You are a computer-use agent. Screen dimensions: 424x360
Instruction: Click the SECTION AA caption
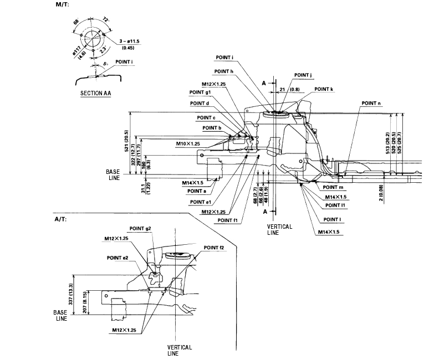96,93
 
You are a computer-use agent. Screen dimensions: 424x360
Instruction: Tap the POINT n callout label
371,103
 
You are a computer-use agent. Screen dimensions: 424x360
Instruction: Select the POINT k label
324,89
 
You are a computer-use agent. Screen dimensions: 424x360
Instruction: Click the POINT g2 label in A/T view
140,228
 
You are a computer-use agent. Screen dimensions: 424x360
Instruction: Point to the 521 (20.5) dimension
126,141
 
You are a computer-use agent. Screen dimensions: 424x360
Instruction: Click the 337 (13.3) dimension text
71,294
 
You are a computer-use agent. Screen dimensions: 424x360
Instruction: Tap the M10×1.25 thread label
188,144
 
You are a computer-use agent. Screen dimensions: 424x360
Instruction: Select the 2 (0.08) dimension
381,193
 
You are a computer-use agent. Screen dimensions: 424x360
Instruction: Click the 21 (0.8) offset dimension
290,89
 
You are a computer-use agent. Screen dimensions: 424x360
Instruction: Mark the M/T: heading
62,4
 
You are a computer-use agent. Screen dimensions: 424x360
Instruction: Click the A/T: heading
60,219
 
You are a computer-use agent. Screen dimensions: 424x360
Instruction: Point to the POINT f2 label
214,248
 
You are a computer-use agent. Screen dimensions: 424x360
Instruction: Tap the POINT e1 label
201,202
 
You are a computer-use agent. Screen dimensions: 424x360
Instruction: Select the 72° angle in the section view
106,20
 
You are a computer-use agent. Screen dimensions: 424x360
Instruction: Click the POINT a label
197,191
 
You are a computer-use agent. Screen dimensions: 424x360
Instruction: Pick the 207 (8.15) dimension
85,302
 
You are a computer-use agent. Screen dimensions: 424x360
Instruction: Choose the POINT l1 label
335,205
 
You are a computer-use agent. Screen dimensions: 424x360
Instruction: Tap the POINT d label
200,103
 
